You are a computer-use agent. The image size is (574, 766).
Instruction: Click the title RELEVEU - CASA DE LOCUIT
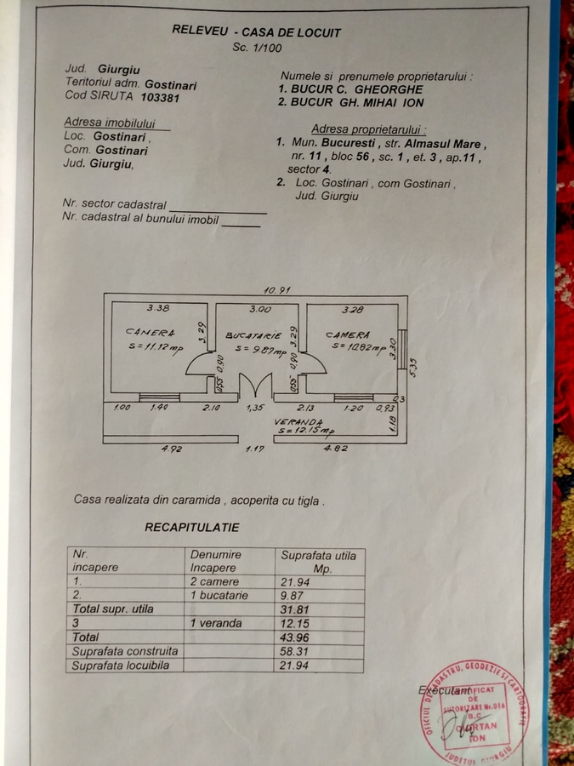coord(256,31)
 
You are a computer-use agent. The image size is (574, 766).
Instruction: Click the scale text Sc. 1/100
coord(257,48)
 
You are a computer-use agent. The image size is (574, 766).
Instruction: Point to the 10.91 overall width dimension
coord(277,290)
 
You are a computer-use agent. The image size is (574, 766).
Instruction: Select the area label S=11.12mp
coord(154,346)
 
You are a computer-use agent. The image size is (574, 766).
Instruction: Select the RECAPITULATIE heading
coord(191,528)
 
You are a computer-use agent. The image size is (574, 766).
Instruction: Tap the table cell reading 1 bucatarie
coord(219,596)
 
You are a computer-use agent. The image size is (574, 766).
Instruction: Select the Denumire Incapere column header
coord(216,561)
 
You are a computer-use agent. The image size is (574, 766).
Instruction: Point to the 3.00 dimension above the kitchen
coord(259,309)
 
